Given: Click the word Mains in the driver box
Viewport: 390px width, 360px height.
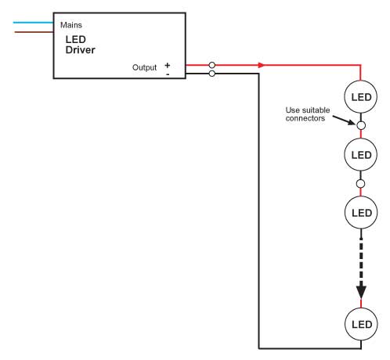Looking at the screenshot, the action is [x=71, y=25].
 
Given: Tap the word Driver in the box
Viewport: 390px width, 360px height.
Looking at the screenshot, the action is [x=80, y=50].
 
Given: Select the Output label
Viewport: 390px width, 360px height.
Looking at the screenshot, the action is [x=144, y=67].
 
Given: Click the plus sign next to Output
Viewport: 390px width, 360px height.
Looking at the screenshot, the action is [x=168, y=65].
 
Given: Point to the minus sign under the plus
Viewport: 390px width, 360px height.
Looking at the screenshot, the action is [x=168, y=74].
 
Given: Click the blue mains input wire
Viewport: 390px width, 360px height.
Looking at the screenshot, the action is [x=34, y=23].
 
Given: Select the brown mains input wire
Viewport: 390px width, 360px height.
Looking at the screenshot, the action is [x=34, y=32].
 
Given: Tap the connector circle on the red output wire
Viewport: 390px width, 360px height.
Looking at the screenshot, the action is [x=212, y=65].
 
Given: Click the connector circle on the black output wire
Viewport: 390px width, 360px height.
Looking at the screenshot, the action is [x=212, y=74].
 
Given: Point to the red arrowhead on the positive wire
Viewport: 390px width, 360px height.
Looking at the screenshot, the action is [x=261, y=65].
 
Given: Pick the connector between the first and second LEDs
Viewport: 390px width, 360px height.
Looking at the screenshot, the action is [x=361, y=125].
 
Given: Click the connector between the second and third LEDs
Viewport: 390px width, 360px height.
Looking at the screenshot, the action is [x=360, y=184].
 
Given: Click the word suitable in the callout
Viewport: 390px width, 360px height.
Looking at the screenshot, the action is [x=315, y=110].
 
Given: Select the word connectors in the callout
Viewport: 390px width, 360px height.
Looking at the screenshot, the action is [x=305, y=118].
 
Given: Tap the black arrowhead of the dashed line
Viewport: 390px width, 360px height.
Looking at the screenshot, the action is [x=361, y=292].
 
